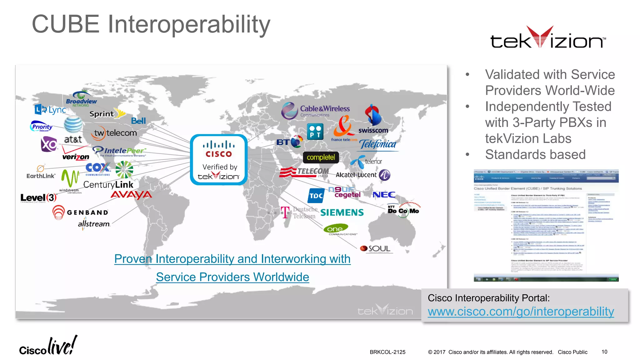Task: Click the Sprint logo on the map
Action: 106,114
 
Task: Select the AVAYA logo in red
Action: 131,195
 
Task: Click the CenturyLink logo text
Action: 108,185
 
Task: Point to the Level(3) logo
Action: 38,198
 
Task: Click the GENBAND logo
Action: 80,212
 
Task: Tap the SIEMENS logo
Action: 342,212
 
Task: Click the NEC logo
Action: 384,195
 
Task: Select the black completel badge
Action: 321,157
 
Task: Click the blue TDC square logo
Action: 316,196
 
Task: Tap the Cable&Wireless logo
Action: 316,111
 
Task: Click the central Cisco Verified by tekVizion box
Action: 219,160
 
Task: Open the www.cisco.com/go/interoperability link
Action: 521,312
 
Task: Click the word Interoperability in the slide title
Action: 189,24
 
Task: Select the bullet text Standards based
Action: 535,154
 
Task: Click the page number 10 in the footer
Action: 604,352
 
